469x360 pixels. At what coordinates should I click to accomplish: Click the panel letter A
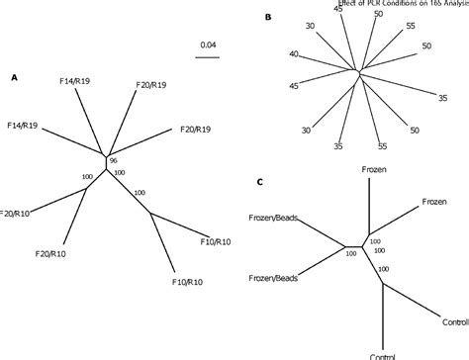(13, 78)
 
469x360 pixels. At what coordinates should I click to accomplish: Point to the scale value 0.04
(208, 44)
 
